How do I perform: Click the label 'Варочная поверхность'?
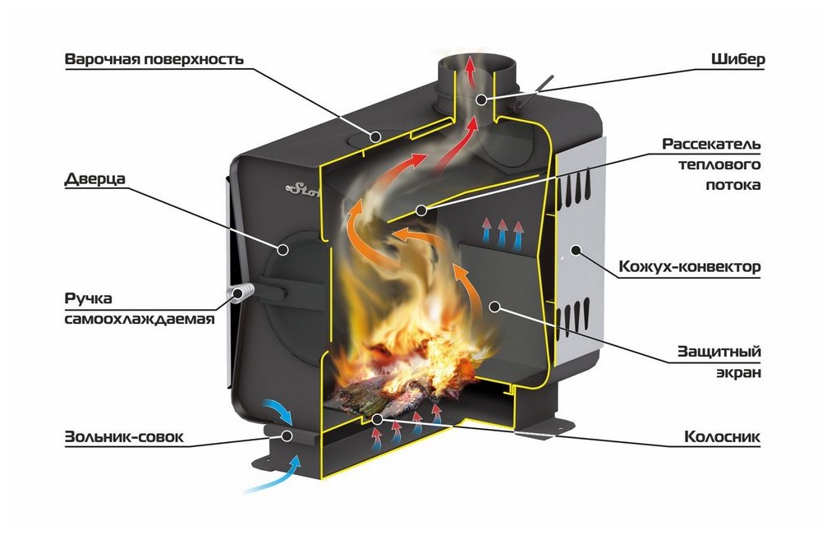click(154, 59)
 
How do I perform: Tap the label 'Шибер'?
click(738, 59)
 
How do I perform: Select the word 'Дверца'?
click(95, 178)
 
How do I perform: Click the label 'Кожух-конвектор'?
click(689, 266)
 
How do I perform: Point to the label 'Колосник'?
click(722, 437)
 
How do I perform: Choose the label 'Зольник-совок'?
click(124, 437)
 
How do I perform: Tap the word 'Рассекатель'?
click(711, 144)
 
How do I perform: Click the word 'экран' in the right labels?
click(738, 372)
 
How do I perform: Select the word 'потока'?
click(733, 185)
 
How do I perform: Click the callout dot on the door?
click(283, 249)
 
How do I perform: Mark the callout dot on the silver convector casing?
click(576, 250)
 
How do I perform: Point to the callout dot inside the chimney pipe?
click(481, 99)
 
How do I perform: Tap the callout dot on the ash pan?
click(287, 436)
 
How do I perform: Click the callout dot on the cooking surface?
click(376, 136)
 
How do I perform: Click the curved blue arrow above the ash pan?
click(278, 411)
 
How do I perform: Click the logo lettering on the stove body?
click(303, 188)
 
